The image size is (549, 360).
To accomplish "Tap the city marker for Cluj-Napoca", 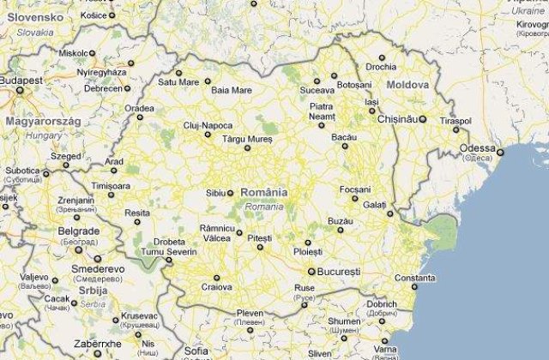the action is point(207,134).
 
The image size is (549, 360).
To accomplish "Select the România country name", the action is point(264,193).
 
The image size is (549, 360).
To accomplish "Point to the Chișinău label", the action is point(396,119).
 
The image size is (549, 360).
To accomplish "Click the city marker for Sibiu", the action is point(230,193).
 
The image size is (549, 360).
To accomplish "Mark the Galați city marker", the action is point(389,213).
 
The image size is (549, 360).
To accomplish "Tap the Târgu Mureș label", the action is point(248,137).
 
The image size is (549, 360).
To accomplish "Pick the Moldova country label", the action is point(407,86).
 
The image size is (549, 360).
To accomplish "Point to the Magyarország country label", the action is point(43,122).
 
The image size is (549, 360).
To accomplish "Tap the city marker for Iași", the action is point(371,111).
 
